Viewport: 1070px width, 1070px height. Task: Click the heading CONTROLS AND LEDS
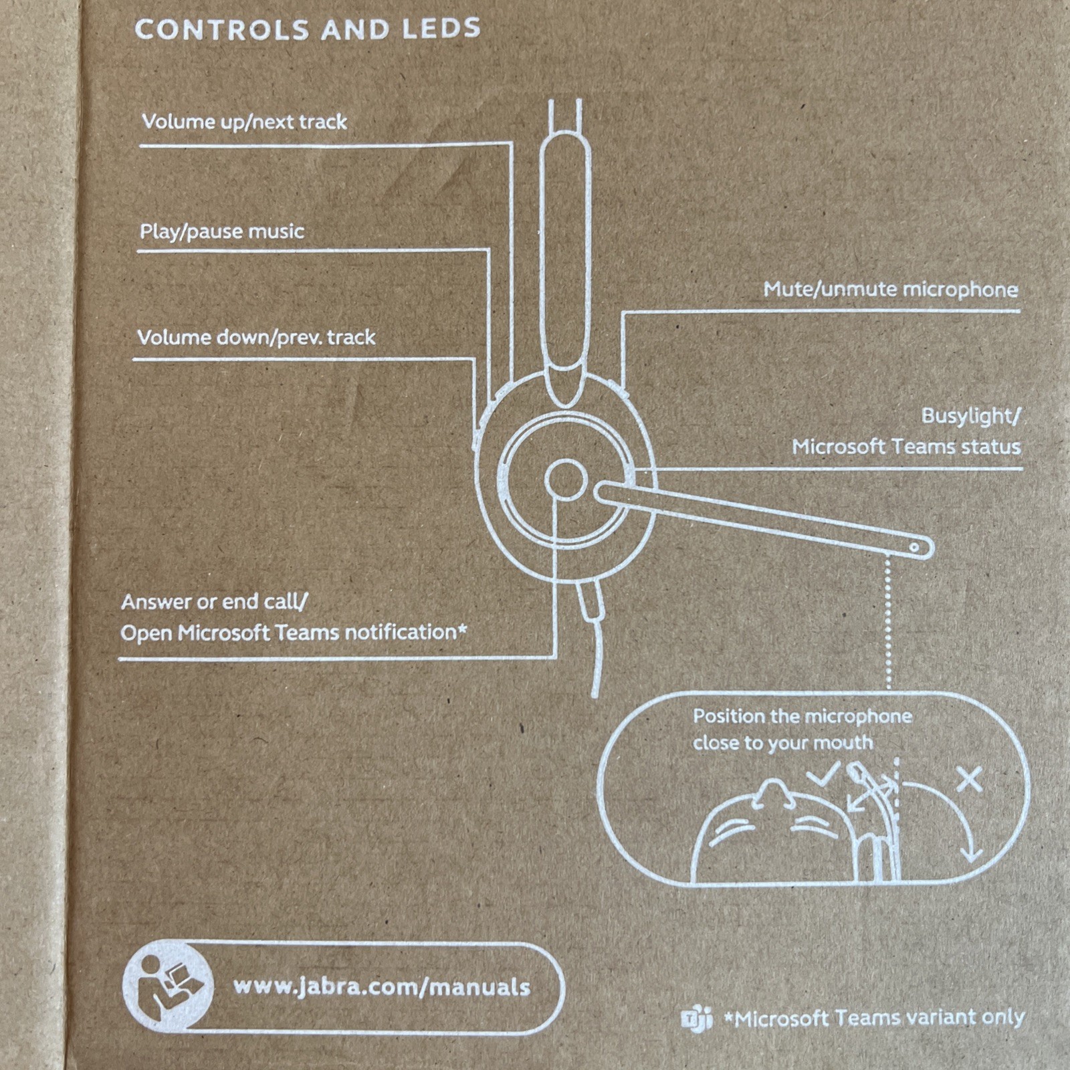(308, 29)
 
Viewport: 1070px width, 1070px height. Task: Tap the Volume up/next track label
(244, 122)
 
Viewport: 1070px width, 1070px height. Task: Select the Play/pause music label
(221, 231)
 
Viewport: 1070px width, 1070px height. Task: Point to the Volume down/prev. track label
(256, 337)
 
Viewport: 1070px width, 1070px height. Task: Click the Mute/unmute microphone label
(891, 290)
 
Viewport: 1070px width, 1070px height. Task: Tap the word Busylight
(968, 416)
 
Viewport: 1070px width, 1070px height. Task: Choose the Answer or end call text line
(214, 602)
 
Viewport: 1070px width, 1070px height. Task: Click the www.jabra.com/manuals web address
(381, 987)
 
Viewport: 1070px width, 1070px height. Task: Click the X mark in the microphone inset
(969, 780)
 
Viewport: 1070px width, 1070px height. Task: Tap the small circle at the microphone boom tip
(914, 547)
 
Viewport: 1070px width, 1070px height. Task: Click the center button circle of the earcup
(566, 479)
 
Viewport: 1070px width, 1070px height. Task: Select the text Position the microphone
(802, 716)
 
